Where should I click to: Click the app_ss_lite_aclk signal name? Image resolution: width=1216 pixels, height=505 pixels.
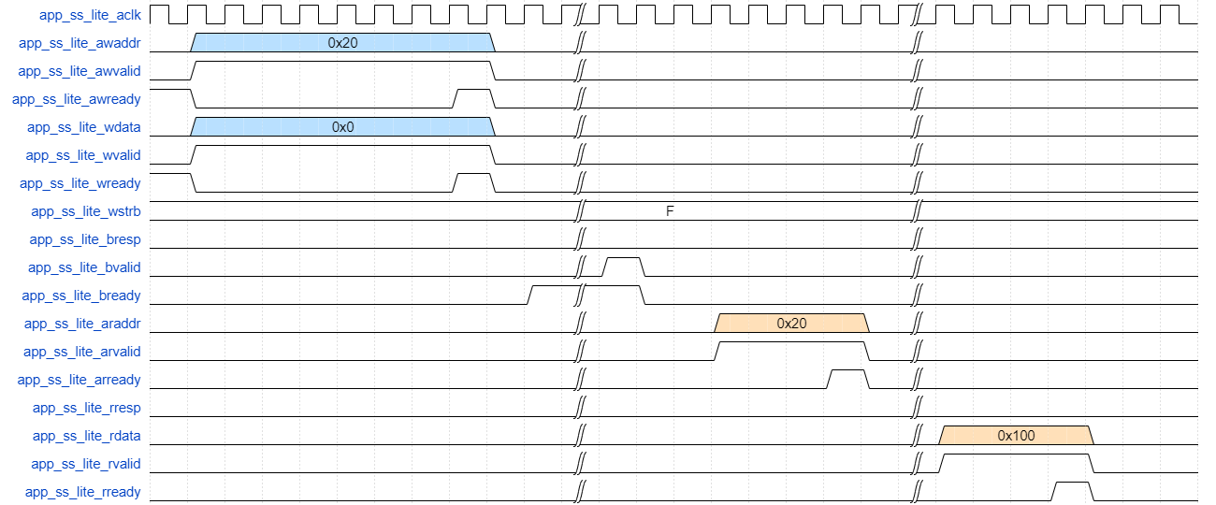pyautogui.click(x=90, y=15)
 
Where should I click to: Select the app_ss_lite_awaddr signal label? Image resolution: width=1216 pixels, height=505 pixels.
pyautogui.click(x=80, y=43)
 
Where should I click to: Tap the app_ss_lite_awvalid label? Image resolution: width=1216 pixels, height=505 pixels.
pyautogui.click(x=80, y=71)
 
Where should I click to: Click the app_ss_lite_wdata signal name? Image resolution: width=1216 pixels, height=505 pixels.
pyautogui.click(x=84, y=127)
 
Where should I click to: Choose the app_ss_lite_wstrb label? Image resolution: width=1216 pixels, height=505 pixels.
pyautogui.click(x=86, y=211)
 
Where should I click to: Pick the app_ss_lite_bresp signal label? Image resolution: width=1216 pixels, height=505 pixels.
pyautogui.click(x=85, y=239)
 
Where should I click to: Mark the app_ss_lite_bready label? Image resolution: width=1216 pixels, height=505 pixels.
pyautogui.click(x=81, y=296)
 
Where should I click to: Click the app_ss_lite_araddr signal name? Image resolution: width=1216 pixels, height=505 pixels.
pyautogui.click(x=82, y=324)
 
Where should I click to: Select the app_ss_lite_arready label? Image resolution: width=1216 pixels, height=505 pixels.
pyautogui.click(x=80, y=380)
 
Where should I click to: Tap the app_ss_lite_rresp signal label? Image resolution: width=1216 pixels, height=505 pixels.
pyautogui.click(x=87, y=408)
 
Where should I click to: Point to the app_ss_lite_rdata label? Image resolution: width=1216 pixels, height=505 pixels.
pyautogui.click(x=87, y=436)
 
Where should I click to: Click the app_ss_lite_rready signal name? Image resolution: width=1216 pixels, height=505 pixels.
pyautogui.click(x=83, y=492)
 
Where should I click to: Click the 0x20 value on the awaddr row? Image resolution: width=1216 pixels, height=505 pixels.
pyautogui.click(x=342, y=43)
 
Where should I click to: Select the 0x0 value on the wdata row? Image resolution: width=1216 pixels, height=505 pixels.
pyautogui.click(x=342, y=127)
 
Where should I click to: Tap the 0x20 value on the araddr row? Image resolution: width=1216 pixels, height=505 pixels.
pyautogui.click(x=791, y=324)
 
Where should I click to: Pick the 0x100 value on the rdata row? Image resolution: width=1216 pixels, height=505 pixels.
pyautogui.click(x=1016, y=436)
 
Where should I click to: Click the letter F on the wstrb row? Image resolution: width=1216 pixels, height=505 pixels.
pyautogui.click(x=670, y=211)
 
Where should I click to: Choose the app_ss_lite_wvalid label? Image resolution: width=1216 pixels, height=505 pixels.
pyautogui.click(x=83, y=155)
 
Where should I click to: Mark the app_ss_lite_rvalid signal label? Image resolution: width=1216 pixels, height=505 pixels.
pyautogui.click(x=86, y=464)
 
